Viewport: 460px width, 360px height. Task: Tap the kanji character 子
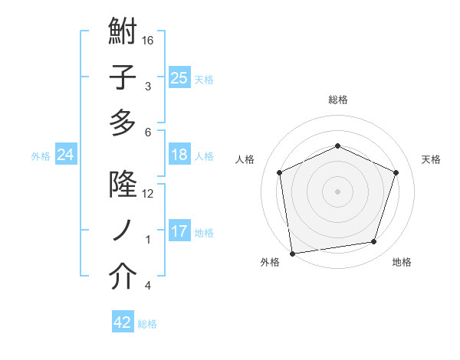[123, 79]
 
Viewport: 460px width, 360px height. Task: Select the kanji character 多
[123, 123]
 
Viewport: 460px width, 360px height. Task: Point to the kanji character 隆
[123, 186]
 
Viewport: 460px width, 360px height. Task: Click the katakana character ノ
[123, 231]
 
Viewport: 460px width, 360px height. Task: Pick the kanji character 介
[123, 277]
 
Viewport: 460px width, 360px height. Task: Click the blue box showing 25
[179, 77]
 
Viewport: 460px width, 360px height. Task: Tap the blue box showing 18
[179, 155]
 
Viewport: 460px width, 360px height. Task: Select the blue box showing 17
[179, 231]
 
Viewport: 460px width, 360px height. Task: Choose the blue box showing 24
[65, 155]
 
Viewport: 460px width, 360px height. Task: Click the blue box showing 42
[123, 322]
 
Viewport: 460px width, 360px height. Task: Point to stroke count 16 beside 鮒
[149, 39]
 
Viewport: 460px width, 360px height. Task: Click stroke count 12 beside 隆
[149, 193]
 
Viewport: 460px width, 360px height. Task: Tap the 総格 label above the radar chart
[337, 100]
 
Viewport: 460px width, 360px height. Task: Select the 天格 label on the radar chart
[431, 159]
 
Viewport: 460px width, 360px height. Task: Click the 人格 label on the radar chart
[245, 159]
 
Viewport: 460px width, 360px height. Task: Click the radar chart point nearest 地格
[374, 242]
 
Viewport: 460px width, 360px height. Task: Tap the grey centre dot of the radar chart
[337, 191]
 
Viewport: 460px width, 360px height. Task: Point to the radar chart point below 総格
[337, 146]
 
